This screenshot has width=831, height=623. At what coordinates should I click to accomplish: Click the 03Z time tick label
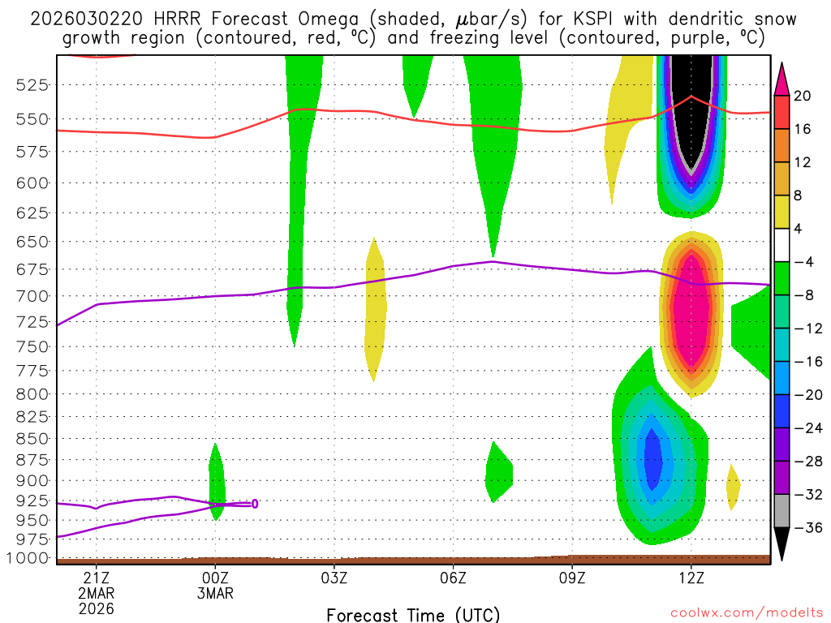coord(334,578)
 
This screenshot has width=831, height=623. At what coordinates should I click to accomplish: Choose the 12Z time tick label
coord(691,578)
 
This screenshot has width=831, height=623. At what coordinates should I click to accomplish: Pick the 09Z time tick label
coord(572,578)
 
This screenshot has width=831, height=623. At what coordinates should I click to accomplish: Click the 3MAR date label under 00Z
coord(215,594)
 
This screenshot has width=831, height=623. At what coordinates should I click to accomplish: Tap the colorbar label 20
coord(803,96)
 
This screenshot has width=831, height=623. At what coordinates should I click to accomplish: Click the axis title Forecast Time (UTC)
coord(413,614)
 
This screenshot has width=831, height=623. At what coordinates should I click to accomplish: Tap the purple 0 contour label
coord(254,504)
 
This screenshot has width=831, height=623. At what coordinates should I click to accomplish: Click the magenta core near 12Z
coord(691,308)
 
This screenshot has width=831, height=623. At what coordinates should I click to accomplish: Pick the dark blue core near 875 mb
coord(652,458)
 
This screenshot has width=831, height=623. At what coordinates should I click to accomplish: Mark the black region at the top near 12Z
coord(691,105)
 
